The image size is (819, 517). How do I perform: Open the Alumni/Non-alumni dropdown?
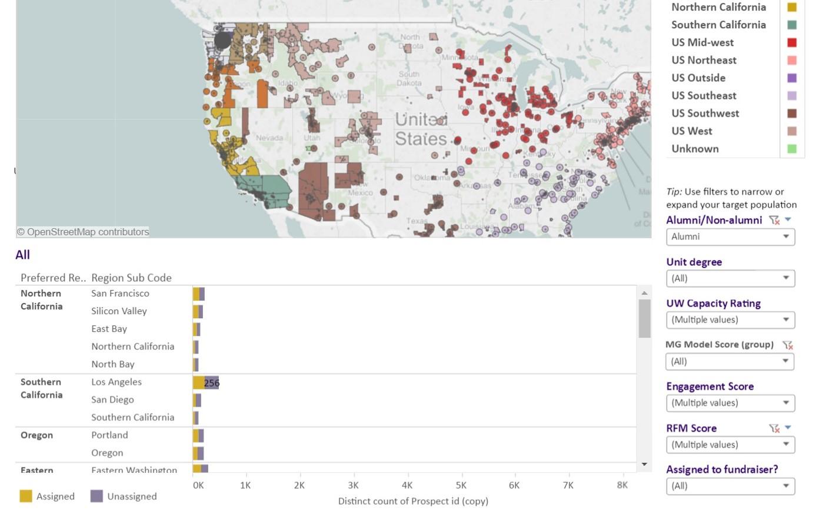tap(730, 237)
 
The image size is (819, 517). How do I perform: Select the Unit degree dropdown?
tap(730, 278)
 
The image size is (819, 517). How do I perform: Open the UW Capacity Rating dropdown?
tap(730, 320)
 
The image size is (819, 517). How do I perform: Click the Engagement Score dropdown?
tap(730, 403)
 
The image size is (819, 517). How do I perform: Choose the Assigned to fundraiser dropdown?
tap(730, 486)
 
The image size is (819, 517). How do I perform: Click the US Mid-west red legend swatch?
tap(792, 42)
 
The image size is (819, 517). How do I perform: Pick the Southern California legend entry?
tap(718, 25)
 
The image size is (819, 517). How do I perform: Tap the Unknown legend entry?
tap(695, 149)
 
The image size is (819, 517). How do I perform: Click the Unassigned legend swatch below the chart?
tap(96, 496)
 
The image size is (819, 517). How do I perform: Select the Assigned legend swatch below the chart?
tap(26, 496)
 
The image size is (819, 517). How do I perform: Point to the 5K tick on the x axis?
tap(461, 485)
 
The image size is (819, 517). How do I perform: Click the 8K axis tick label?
tap(622, 485)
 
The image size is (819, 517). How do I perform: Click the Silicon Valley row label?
tap(119, 311)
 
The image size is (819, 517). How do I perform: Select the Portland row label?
tap(109, 435)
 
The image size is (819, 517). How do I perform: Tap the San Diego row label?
tap(112, 400)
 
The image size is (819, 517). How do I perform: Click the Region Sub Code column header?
tap(131, 278)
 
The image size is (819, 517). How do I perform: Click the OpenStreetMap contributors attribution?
tap(82, 232)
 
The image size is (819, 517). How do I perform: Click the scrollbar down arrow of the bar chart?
tap(644, 464)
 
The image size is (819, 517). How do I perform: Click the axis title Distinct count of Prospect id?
tap(413, 501)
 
